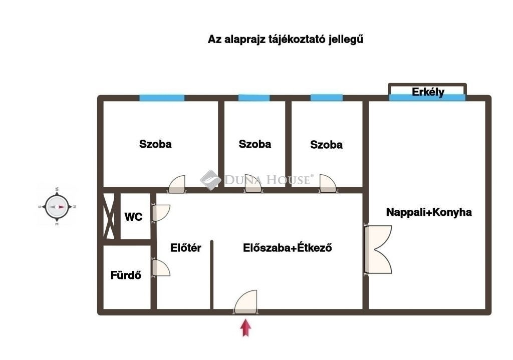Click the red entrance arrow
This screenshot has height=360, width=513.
pos(245,328)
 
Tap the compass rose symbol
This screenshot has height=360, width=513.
pos(57,207)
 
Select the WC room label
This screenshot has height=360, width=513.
pos(133,217)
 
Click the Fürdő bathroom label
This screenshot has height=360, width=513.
pos(126,275)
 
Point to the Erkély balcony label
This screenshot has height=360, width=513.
pos(428,92)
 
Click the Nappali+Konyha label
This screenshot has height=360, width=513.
pos(429,212)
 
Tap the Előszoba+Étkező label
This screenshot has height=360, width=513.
pos(287,248)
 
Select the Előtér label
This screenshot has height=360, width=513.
pos(185,248)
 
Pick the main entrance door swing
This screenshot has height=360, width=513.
pos(245,302)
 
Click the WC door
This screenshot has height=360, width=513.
pos(161,212)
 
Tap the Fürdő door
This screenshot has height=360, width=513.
pos(161,268)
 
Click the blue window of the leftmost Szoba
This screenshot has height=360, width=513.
pos(162,98)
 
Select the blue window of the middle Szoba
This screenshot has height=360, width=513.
pos(254,98)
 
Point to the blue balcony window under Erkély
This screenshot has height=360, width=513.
pos(427,98)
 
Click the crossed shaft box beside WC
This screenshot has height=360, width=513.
pos(109,216)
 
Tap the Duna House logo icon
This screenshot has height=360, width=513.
pos(211,180)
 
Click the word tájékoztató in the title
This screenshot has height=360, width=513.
pos(297,40)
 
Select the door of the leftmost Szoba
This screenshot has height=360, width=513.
pos(177,184)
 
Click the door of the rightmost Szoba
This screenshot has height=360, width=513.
pos(328,183)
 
